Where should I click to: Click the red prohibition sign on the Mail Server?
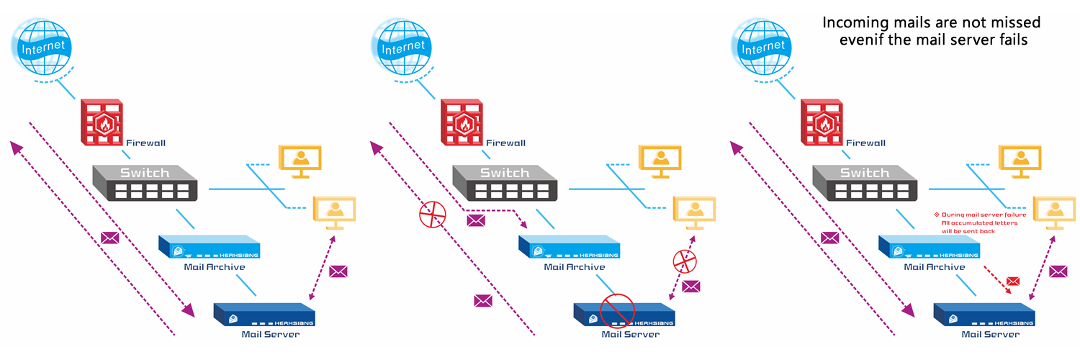(x=616, y=310)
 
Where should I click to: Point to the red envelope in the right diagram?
(x=1013, y=280)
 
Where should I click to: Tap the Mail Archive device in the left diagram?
(x=209, y=247)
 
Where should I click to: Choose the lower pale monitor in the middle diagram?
(x=693, y=212)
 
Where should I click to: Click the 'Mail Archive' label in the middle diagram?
(x=574, y=267)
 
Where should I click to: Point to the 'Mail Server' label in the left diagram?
(x=270, y=334)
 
